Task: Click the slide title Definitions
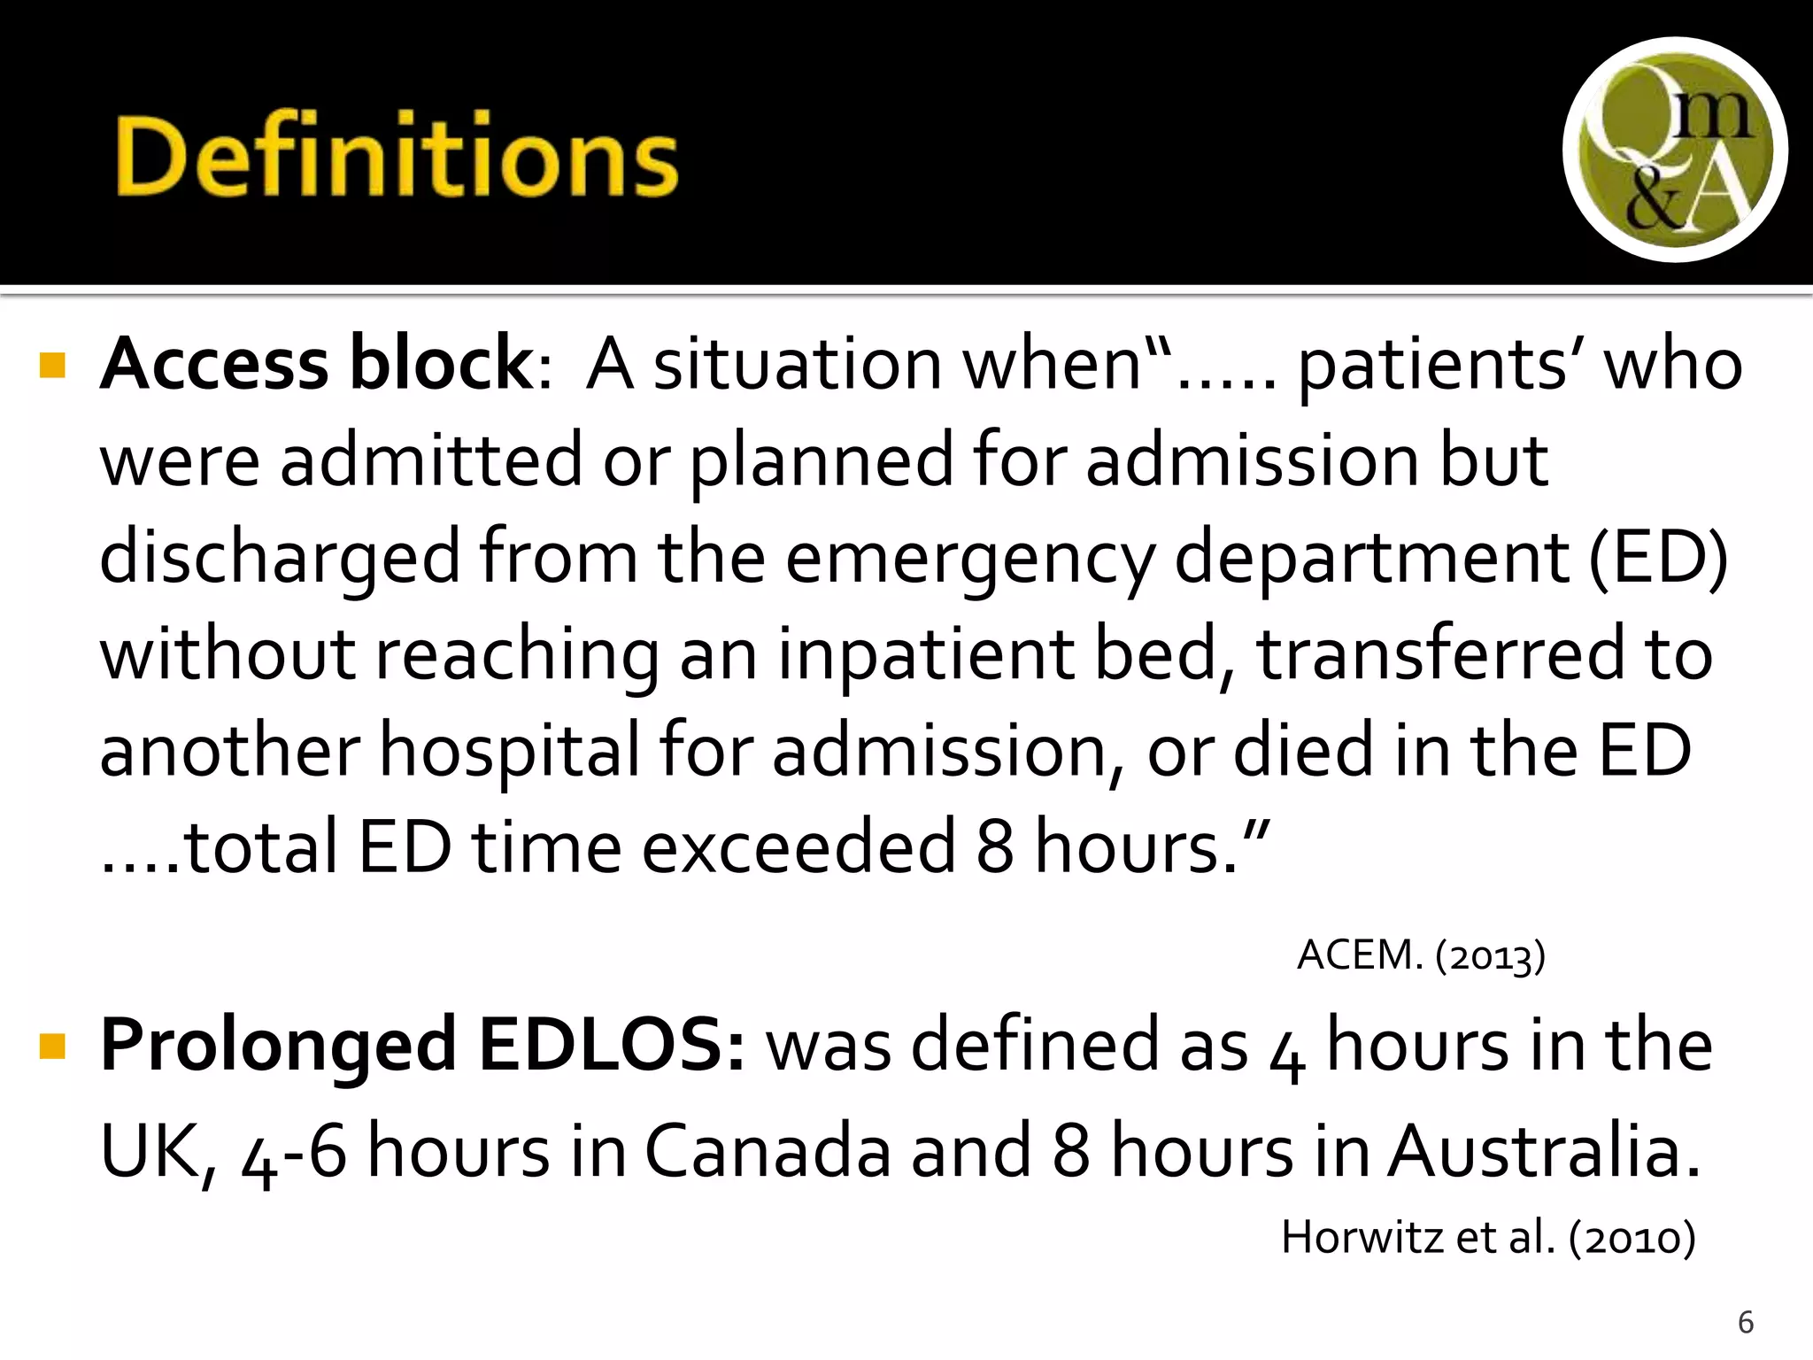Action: click(x=396, y=156)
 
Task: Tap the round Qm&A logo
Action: click(x=1674, y=150)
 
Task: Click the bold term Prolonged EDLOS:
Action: click(x=423, y=1045)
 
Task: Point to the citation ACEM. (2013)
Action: click(x=1421, y=955)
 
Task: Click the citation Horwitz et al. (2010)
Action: click(x=1488, y=1237)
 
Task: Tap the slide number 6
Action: click(x=1746, y=1322)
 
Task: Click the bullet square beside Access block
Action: click(x=53, y=365)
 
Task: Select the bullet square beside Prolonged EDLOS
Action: click(x=53, y=1047)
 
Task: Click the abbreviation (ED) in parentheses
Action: click(x=1657, y=558)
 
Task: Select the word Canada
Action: click(x=767, y=1150)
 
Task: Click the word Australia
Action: click(x=1543, y=1150)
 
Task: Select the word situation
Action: click(x=797, y=365)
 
